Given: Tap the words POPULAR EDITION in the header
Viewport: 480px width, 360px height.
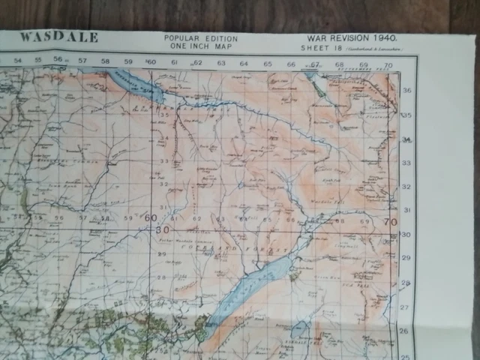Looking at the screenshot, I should click(x=200, y=38).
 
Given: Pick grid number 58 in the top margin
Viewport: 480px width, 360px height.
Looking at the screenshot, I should click(x=105, y=61).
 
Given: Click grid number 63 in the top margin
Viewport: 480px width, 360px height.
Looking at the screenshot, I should click(x=221, y=64).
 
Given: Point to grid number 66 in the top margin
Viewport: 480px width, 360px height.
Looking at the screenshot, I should click(x=290, y=64).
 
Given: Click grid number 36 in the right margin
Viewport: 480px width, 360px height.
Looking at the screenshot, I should click(x=407, y=91).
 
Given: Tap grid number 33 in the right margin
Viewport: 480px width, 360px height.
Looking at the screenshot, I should click(x=407, y=163).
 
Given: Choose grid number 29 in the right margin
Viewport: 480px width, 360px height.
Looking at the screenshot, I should click(x=407, y=257).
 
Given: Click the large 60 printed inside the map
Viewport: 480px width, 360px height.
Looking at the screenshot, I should click(x=151, y=218).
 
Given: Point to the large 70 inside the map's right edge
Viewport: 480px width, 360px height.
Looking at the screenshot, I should click(x=388, y=223).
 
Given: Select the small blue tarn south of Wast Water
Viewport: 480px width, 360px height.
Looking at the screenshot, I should click(x=299, y=330).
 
